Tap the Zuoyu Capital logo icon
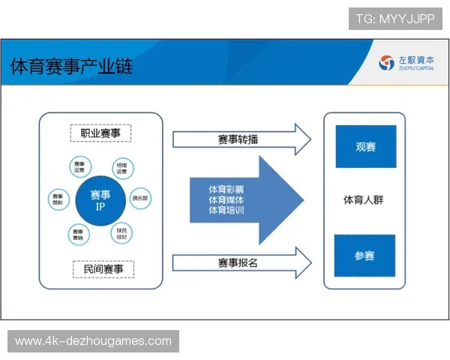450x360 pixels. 386,63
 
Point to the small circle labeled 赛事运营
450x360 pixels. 79,166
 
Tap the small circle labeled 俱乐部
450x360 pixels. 140,199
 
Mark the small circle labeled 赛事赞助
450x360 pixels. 57,199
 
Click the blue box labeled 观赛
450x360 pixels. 365,146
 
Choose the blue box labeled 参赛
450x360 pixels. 364,255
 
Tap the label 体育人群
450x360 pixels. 364,200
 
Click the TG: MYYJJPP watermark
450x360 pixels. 395,19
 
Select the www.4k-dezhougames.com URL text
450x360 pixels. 93,341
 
